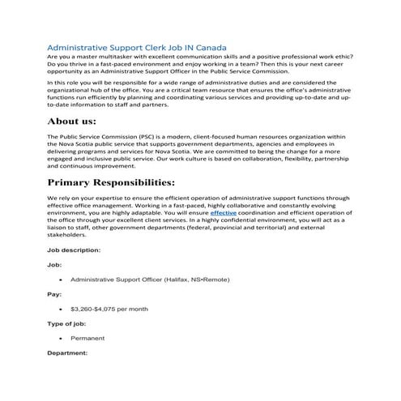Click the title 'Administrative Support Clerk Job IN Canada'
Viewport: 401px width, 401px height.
(x=137, y=48)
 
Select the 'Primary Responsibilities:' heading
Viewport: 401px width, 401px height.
(x=122, y=182)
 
